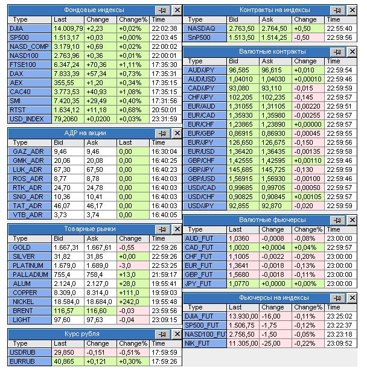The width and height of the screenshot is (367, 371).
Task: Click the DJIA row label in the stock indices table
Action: pyautogui.click(x=17, y=28)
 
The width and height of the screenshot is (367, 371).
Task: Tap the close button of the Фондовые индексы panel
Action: pyautogui.click(x=177, y=10)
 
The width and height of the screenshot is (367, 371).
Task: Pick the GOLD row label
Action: pyautogui.click(x=21, y=247)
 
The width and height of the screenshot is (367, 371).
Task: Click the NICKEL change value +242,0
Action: pyautogui.click(x=129, y=301)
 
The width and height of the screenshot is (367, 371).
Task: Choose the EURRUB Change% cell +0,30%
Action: pyautogui.click(x=129, y=362)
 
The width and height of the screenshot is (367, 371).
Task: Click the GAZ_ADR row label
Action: pyautogui.click(x=28, y=151)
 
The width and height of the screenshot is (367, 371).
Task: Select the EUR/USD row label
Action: pyautogui.click(x=202, y=151)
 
